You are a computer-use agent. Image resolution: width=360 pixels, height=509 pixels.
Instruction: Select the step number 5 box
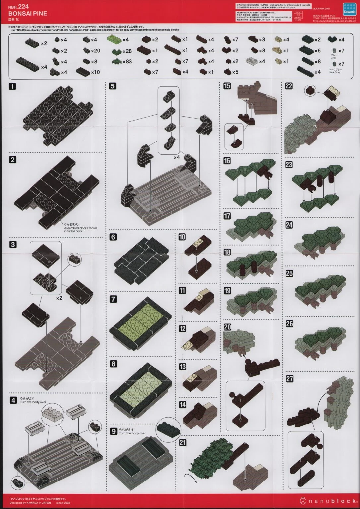113,86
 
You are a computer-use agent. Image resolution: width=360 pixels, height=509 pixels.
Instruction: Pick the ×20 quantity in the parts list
96,51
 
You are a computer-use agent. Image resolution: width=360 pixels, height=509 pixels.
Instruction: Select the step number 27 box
289,379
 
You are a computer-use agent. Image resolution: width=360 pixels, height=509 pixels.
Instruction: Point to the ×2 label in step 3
59,298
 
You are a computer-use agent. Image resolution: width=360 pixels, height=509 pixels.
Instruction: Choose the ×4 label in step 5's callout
177,157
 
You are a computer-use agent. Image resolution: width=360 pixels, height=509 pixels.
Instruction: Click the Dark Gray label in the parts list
335,72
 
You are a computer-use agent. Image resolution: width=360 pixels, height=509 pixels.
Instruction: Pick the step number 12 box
182,328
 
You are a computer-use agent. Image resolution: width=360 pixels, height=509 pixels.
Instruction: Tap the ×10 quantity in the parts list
95,72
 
